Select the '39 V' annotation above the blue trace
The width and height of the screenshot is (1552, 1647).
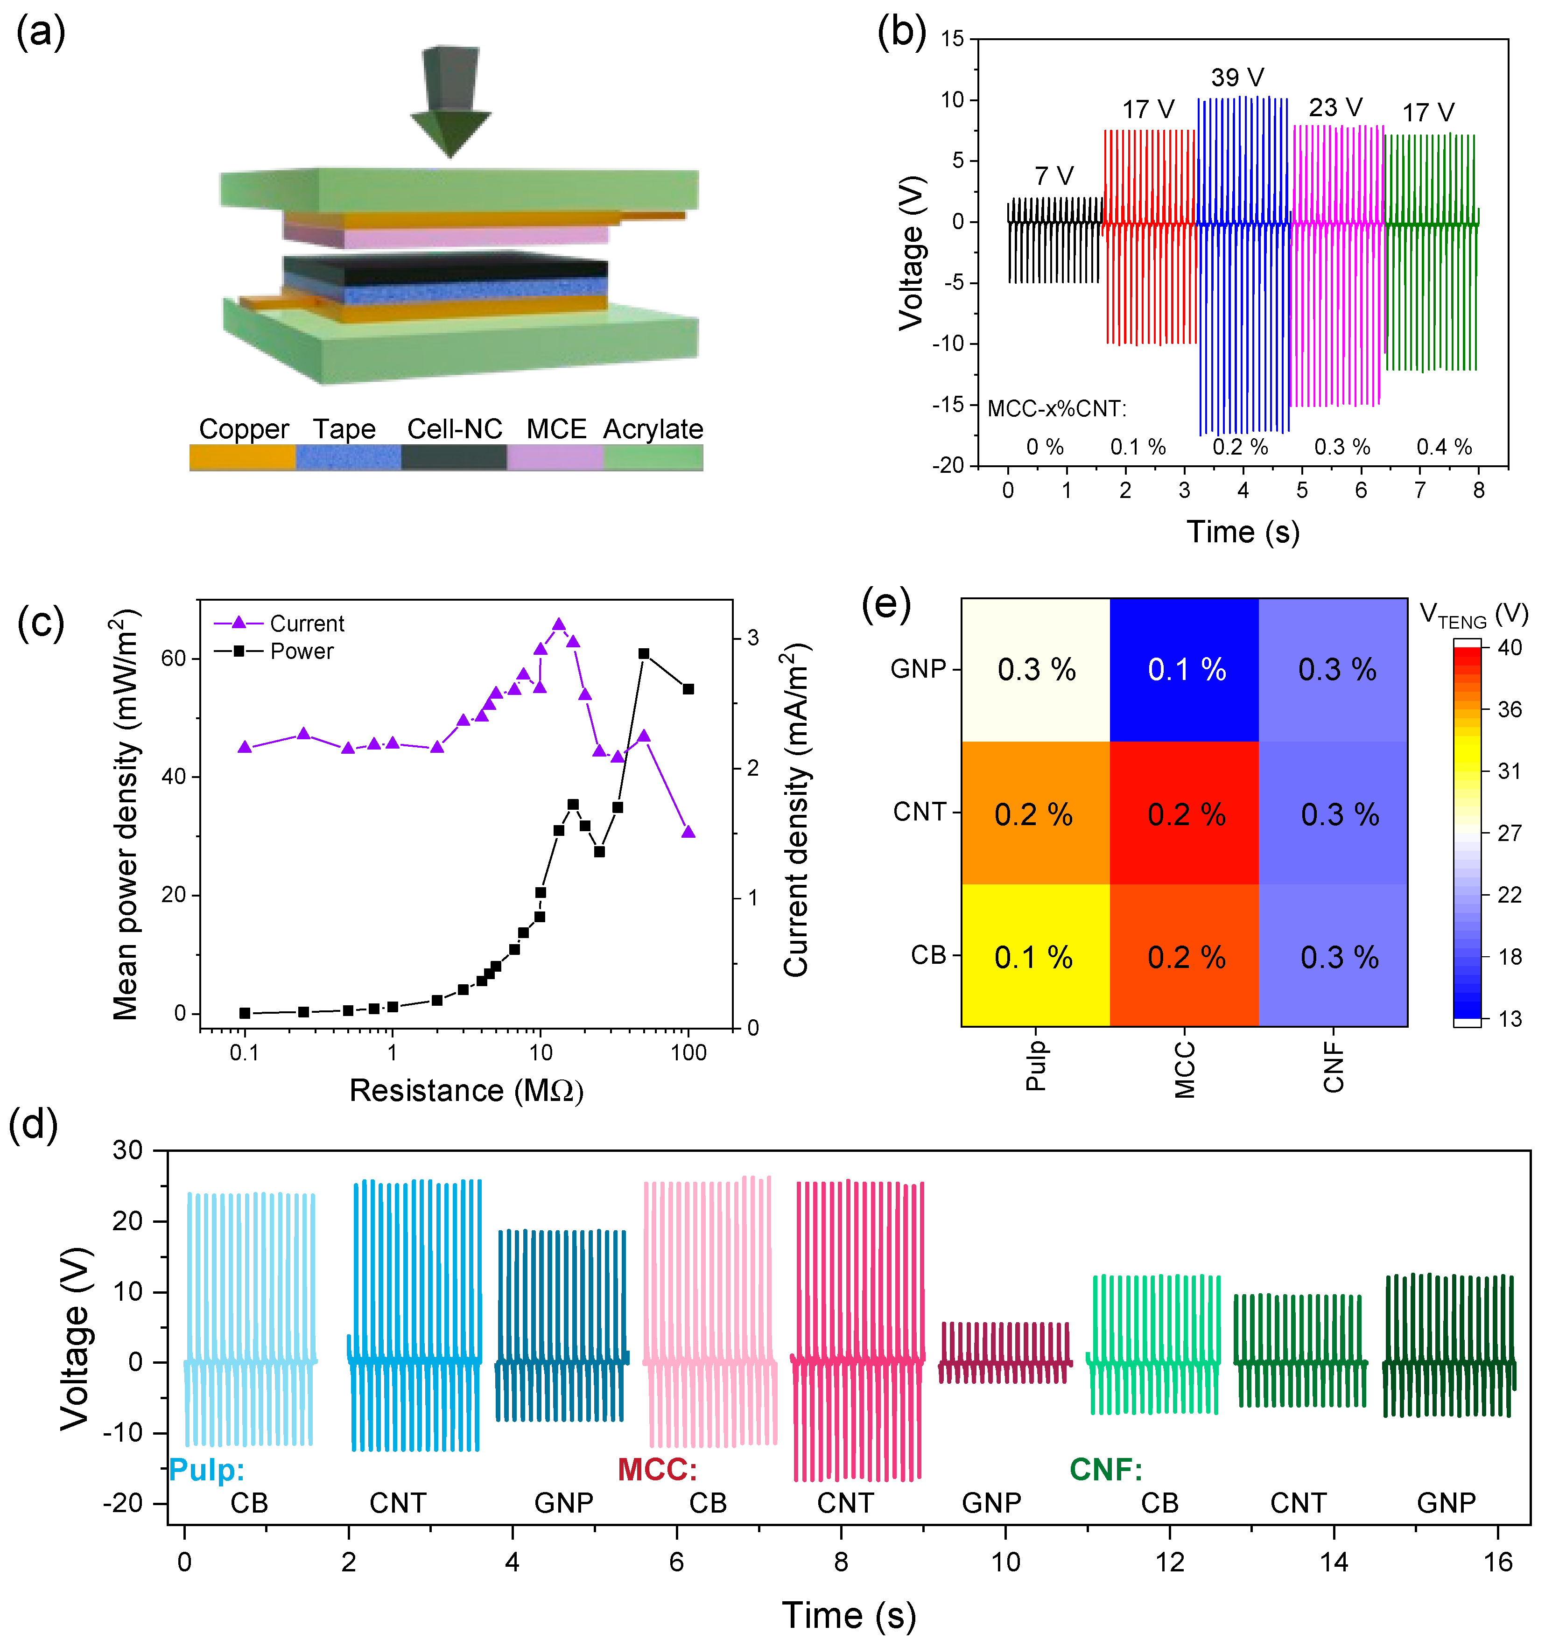(1236, 78)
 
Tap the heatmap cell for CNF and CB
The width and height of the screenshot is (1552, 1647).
(1333, 956)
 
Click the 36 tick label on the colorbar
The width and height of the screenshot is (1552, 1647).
(1510, 709)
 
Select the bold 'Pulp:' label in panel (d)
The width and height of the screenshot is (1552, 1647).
(206, 1470)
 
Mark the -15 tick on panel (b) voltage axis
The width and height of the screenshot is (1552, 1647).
(949, 404)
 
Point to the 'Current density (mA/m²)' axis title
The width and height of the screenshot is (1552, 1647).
(795, 812)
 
